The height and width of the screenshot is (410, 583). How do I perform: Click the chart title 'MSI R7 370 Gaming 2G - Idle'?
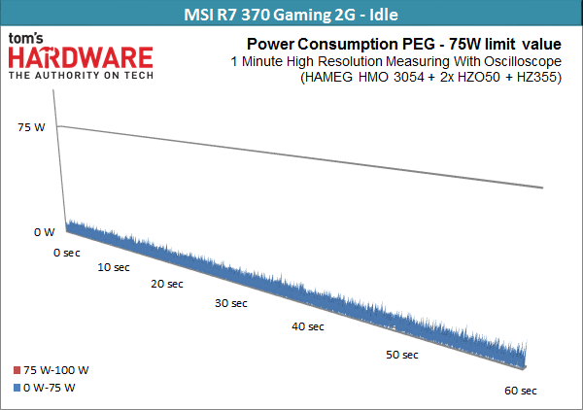tap(291, 15)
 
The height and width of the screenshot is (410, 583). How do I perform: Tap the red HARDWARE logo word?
tap(81, 58)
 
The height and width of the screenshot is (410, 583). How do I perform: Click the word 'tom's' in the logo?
tap(25, 38)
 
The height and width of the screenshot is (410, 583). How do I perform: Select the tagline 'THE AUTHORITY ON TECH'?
tap(81, 76)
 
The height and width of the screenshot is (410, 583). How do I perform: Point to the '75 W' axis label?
tap(31, 127)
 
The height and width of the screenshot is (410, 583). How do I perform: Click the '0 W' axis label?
tap(45, 232)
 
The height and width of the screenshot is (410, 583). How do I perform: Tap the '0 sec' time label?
tap(67, 253)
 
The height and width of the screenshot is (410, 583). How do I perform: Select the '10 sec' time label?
tap(114, 267)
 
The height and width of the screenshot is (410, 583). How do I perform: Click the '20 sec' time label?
tap(167, 284)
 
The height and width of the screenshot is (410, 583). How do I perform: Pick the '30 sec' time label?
tap(231, 303)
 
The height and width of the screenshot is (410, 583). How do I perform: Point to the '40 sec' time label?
tap(308, 326)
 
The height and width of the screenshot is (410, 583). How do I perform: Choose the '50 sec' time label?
tap(402, 355)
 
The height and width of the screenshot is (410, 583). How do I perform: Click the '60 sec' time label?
tap(521, 391)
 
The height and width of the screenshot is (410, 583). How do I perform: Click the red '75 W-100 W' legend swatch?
tap(17, 370)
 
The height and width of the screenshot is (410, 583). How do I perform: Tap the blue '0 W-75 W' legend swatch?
tap(17, 388)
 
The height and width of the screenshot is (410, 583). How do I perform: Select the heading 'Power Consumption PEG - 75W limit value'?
tap(404, 45)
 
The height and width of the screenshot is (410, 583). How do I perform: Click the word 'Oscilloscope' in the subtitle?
tap(523, 61)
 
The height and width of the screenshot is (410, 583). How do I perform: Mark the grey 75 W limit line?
tap(300, 156)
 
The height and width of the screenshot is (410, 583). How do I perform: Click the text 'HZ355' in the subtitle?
tap(536, 77)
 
